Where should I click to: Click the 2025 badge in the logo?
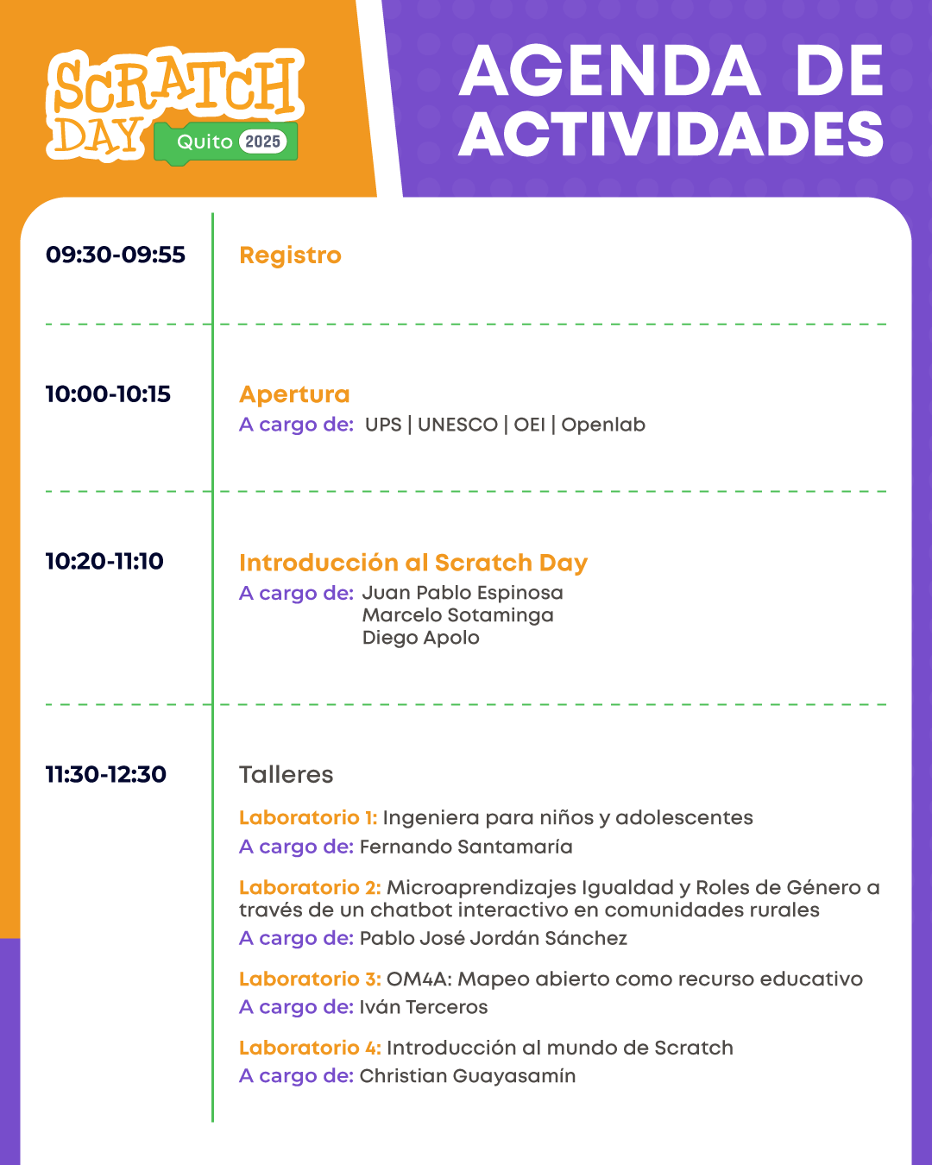262,142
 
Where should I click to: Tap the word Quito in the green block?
205,142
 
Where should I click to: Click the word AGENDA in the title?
610,71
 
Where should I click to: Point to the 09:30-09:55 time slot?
116,255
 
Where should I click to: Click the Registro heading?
290,255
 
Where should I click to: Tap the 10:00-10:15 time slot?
108,394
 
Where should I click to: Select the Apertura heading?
294,394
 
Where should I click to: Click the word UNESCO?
457,425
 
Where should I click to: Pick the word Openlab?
603,425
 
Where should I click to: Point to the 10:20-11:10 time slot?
104,562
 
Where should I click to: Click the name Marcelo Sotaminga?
458,615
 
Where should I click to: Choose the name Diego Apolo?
421,638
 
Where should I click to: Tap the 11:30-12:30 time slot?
105,774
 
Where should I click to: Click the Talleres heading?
286,775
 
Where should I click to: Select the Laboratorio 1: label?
308,817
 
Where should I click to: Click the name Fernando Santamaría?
466,847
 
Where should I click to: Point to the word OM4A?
419,979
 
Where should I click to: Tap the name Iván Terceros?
424,1007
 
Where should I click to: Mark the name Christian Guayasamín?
468,1075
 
